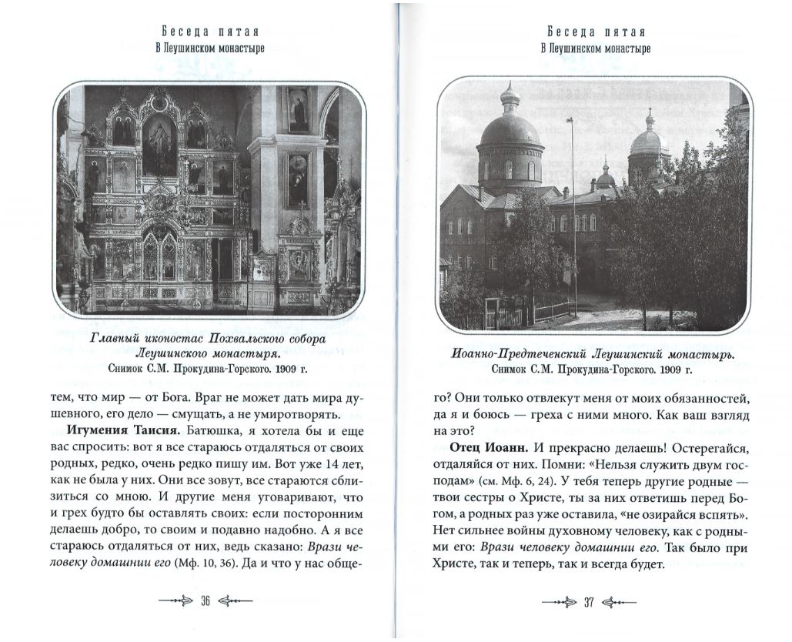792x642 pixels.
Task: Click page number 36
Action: point(206,602)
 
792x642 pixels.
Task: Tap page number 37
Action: point(589,602)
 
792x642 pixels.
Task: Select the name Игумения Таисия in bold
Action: point(116,429)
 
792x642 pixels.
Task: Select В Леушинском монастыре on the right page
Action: point(595,48)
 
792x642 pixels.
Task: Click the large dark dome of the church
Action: point(510,131)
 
